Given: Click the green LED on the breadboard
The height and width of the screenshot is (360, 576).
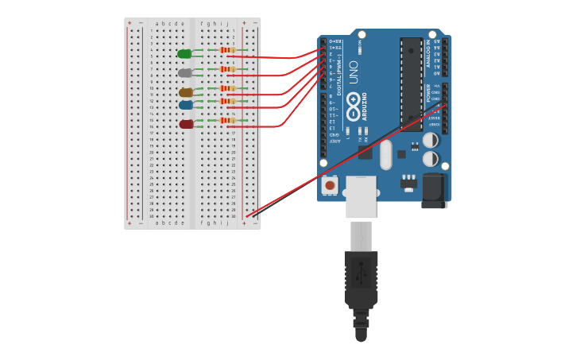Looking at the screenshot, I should point(184,53).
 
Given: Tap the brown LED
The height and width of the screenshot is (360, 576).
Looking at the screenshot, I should point(186,93).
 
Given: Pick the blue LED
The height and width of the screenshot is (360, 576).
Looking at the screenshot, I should point(186,105).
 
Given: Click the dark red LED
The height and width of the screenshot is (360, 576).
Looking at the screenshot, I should point(186,124).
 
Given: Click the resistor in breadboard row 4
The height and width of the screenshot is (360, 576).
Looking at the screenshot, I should point(227,50).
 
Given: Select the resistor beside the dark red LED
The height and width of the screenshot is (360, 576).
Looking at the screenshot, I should point(227,121).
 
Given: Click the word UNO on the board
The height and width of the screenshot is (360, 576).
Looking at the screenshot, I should point(354,72).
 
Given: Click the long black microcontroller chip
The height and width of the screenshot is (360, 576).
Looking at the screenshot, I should point(412,83).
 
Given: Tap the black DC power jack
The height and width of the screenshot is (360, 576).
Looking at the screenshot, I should point(434,192).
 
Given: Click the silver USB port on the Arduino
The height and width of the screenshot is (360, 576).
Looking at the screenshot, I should point(361,196).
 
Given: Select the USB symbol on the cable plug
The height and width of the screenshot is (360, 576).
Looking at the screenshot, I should point(361,273).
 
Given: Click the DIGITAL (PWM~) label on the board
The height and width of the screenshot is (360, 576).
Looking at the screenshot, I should point(340,75).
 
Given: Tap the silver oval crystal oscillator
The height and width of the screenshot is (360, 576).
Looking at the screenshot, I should point(386,154).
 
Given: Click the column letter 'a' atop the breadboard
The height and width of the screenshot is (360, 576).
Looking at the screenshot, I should point(157,24).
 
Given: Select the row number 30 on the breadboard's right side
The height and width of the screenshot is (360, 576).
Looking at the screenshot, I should point(234,216).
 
